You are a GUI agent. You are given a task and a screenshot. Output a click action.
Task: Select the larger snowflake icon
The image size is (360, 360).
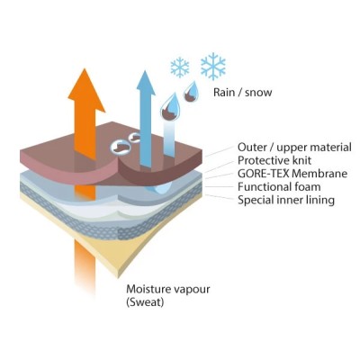click(x=213, y=66)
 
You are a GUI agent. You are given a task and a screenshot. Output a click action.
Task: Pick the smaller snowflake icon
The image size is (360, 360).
click(x=180, y=67)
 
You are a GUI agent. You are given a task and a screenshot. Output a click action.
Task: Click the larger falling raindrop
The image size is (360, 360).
click(x=169, y=107)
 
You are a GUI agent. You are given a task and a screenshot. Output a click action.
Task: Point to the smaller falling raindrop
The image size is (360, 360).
click(x=191, y=92)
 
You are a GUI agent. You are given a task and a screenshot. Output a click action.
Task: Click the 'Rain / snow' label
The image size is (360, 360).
click(x=242, y=92)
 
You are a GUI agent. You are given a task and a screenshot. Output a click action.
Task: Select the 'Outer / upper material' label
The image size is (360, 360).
click(x=294, y=148)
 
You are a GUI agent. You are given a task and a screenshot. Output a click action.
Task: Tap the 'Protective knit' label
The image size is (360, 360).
click(x=274, y=160)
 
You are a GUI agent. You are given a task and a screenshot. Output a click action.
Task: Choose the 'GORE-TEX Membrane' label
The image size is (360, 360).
click(x=292, y=174)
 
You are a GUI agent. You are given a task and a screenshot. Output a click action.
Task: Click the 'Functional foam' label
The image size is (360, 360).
click(x=279, y=186)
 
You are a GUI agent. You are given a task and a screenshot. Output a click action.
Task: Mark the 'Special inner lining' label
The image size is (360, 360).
click(x=286, y=200)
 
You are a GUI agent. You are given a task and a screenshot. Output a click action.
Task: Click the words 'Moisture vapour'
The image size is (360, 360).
click(x=168, y=289)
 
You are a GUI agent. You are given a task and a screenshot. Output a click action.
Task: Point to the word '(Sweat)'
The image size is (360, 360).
click(x=145, y=302)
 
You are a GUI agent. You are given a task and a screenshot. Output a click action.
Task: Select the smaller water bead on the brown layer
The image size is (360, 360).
click(x=134, y=137)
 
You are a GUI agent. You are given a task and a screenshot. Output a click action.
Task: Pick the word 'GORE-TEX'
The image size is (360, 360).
click(x=262, y=174)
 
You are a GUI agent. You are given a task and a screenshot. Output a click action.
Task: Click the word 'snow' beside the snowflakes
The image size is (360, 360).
click(x=258, y=93)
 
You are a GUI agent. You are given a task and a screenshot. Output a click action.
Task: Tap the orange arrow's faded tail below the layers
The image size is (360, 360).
click(x=85, y=264)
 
